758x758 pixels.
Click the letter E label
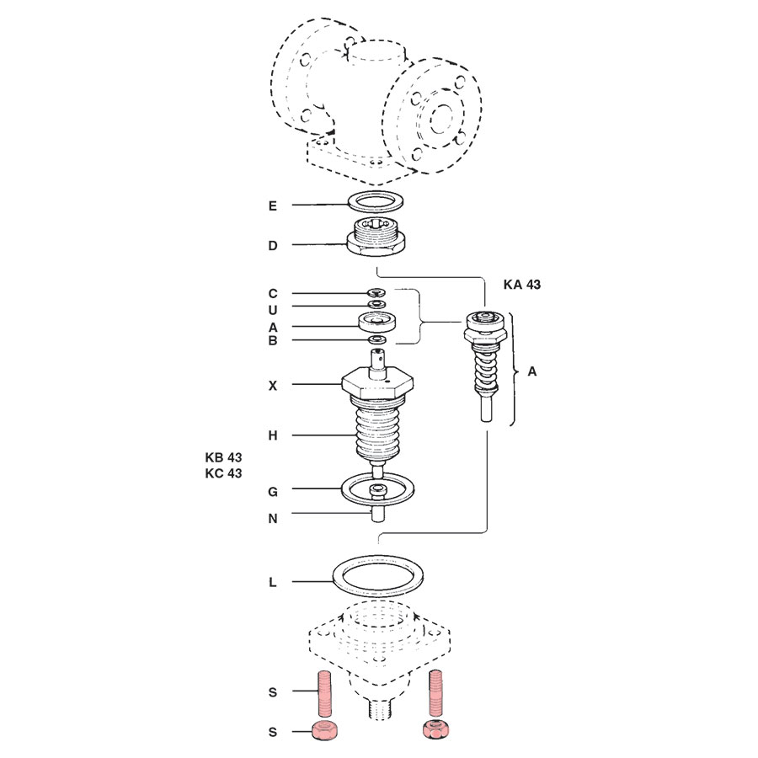(x=272, y=206)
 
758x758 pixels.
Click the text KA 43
(x=521, y=285)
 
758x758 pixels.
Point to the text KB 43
(x=223, y=457)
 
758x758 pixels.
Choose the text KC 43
(x=223, y=473)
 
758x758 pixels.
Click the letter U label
(x=272, y=309)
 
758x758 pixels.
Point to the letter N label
(x=272, y=519)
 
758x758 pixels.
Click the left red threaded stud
(x=324, y=693)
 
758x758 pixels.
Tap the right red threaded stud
(x=435, y=691)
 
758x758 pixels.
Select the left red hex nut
(x=324, y=732)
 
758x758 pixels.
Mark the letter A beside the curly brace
(x=532, y=371)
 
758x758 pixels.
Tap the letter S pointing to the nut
(x=272, y=732)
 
